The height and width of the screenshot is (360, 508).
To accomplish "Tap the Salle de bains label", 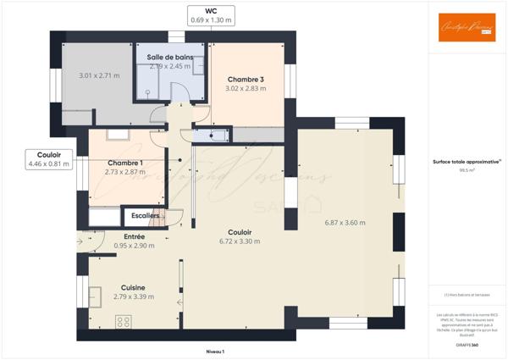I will pyautogui.click(x=170, y=58).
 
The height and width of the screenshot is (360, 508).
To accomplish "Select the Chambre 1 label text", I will pyautogui.click(x=125, y=163).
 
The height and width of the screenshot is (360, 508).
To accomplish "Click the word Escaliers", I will pyautogui.click(x=140, y=216).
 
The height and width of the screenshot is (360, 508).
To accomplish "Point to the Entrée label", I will pyautogui.click(x=135, y=236).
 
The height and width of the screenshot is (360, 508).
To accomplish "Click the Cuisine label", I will pyautogui.click(x=133, y=287).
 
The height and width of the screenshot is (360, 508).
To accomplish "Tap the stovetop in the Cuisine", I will pyautogui.click(x=124, y=320).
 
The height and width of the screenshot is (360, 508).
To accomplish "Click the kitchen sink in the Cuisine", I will pyautogui.click(x=95, y=296).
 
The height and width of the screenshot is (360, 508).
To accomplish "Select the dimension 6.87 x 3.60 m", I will pyautogui.click(x=345, y=223).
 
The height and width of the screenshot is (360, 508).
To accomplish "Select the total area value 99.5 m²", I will pyautogui.click(x=467, y=169).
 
